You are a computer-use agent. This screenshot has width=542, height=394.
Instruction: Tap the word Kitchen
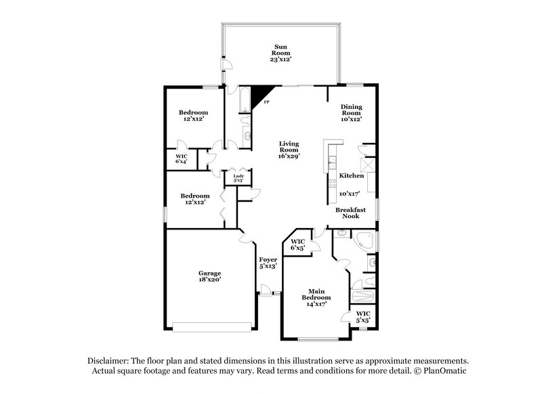click(x=352, y=176)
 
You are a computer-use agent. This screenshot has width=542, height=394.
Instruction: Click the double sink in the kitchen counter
click(x=332, y=162)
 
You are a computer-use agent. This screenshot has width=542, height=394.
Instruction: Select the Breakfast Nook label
click(x=351, y=214)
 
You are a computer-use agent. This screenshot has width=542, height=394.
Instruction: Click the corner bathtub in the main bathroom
click(x=366, y=240)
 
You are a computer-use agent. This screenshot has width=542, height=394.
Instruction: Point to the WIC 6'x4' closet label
click(x=182, y=158)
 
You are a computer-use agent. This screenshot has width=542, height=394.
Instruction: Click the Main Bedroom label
click(x=316, y=301)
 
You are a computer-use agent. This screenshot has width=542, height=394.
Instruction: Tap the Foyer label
click(x=268, y=263)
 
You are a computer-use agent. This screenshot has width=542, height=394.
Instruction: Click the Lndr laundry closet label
click(x=238, y=179)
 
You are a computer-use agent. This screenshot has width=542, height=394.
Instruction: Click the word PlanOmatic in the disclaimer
click(x=440, y=372)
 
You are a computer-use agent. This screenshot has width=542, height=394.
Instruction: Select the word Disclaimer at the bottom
click(x=110, y=362)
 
